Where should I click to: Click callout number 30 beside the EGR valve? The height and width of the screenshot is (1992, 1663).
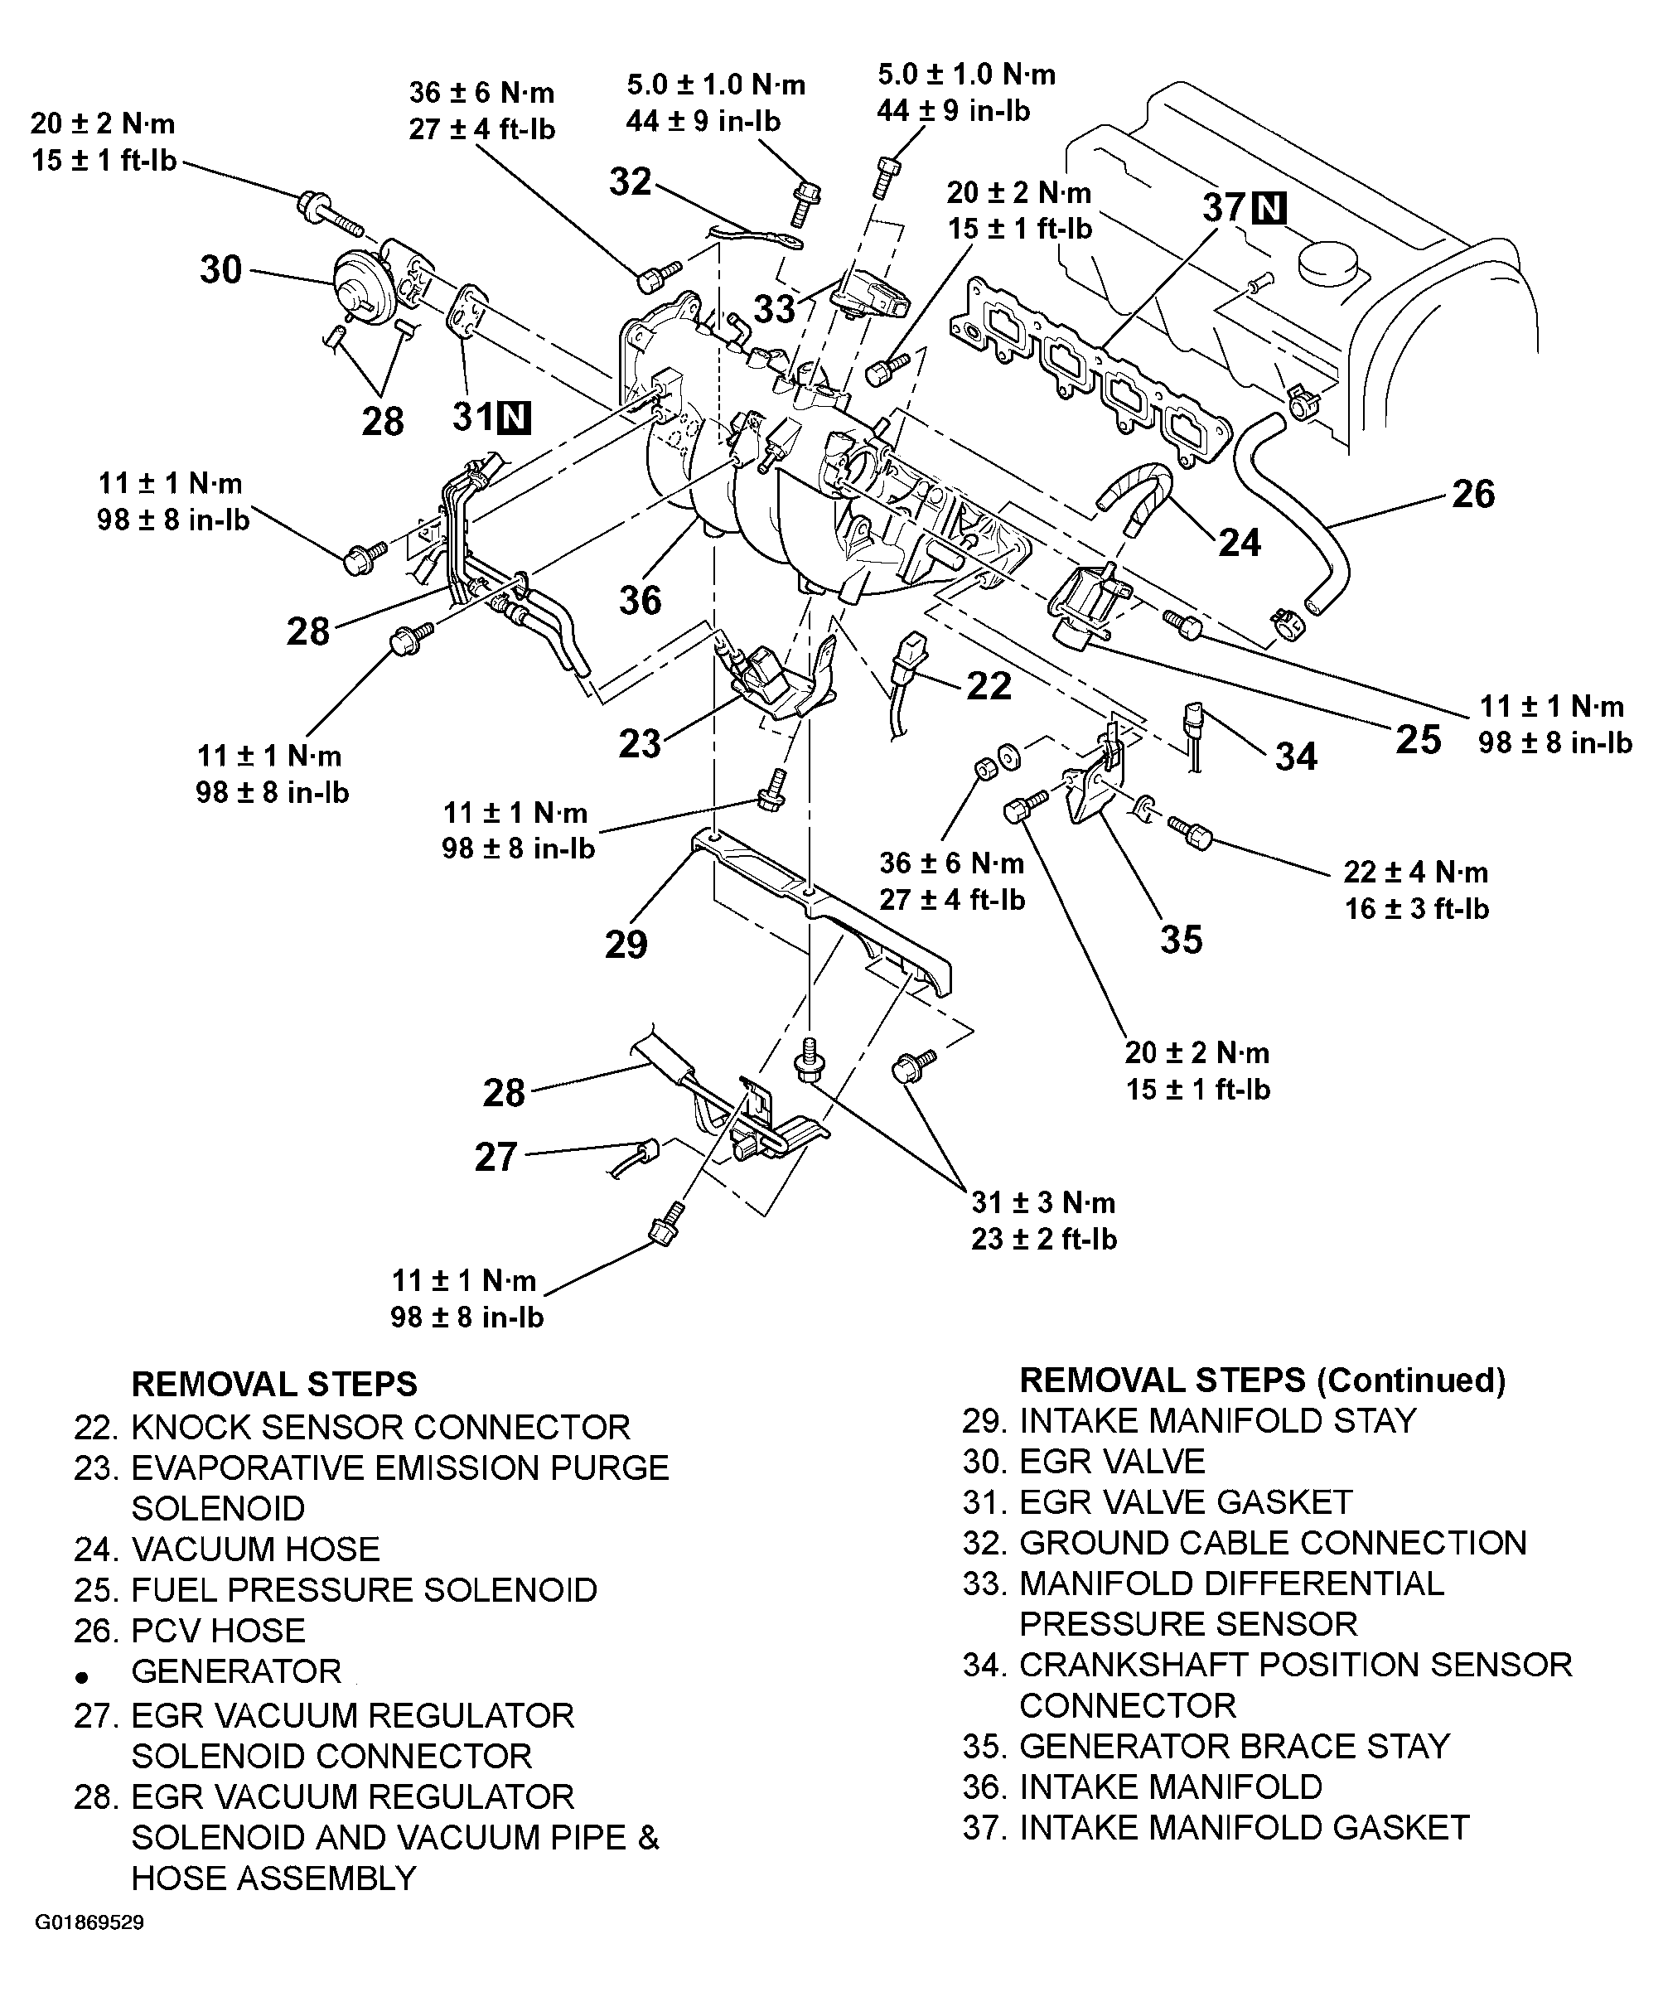[x=220, y=269]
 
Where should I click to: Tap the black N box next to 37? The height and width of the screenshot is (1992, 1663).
[x=1269, y=208]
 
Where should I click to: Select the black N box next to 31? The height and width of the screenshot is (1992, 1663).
[x=515, y=418]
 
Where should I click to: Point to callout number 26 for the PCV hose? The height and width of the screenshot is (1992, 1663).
[x=1472, y=494]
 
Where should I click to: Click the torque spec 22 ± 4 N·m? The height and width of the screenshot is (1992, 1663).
[x=1414, y=872]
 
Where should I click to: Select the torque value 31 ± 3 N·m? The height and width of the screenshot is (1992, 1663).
[x=1042, y=1203]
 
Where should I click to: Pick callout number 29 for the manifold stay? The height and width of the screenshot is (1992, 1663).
[x=626, y=944]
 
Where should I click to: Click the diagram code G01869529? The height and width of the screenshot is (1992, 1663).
[x=90, y=1922]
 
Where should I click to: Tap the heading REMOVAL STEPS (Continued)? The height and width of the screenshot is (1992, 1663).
[x=1262, y=1380]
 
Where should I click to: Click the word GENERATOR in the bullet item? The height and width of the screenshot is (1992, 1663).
[x=235, y=1671]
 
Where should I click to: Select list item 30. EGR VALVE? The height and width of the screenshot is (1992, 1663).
[x=1083, y=1462]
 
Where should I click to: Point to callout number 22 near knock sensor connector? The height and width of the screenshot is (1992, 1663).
[x=989, y=686]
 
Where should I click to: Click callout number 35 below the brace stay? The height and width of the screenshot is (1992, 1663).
[x=1181, y=939]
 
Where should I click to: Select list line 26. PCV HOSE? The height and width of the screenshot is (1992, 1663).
[x=190, y=1631]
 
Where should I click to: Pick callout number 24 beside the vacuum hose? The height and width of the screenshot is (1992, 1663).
[x=1239, y=543]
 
